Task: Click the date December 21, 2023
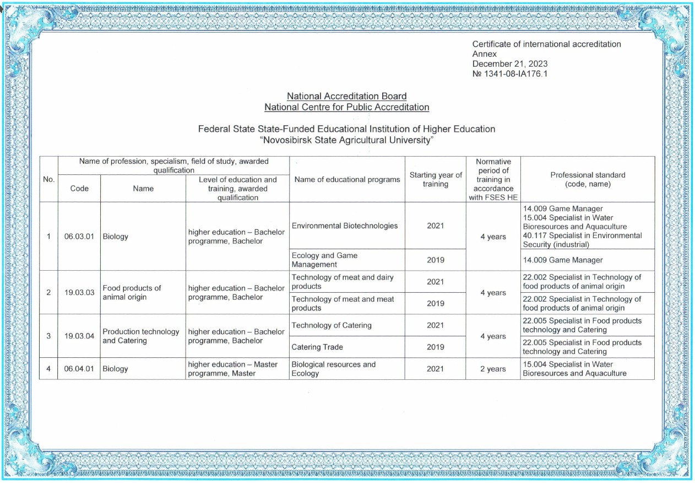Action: tap(510, 64)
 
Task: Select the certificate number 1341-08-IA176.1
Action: tap(510, 74)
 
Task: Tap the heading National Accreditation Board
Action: tap(347, 96)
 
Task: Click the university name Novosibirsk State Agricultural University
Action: tap(347, 140)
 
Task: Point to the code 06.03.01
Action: tap(79, 237)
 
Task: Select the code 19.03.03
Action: tap(79, 292)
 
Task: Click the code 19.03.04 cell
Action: tap(79, 336)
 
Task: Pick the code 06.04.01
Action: tap(79, 369)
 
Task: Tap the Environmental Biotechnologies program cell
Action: tap(345, 226)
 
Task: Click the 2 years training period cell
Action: tap(492, 369)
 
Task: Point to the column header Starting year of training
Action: tap(435, 179)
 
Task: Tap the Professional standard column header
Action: tap(588, 179)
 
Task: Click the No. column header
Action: tap(48, 179)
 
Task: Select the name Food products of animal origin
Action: tap(132, 292)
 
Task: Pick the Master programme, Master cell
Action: tap(232, 369)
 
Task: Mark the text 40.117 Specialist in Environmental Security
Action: tap(582, 240)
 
